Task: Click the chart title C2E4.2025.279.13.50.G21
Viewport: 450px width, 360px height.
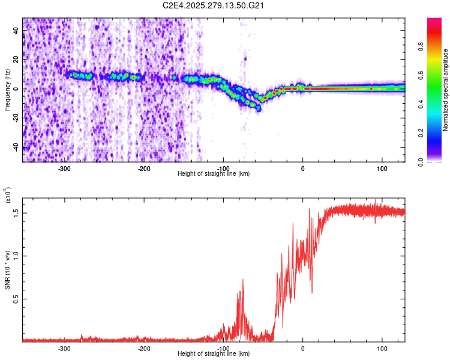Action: coord(214,5)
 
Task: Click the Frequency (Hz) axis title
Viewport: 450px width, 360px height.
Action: coord(7,89)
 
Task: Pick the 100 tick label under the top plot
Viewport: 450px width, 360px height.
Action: coord(382,169)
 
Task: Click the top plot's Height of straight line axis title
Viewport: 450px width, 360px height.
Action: coord(214,174)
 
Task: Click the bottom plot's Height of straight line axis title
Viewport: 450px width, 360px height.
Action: coord(214,354)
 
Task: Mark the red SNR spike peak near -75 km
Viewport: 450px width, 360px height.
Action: coord(243,279)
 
